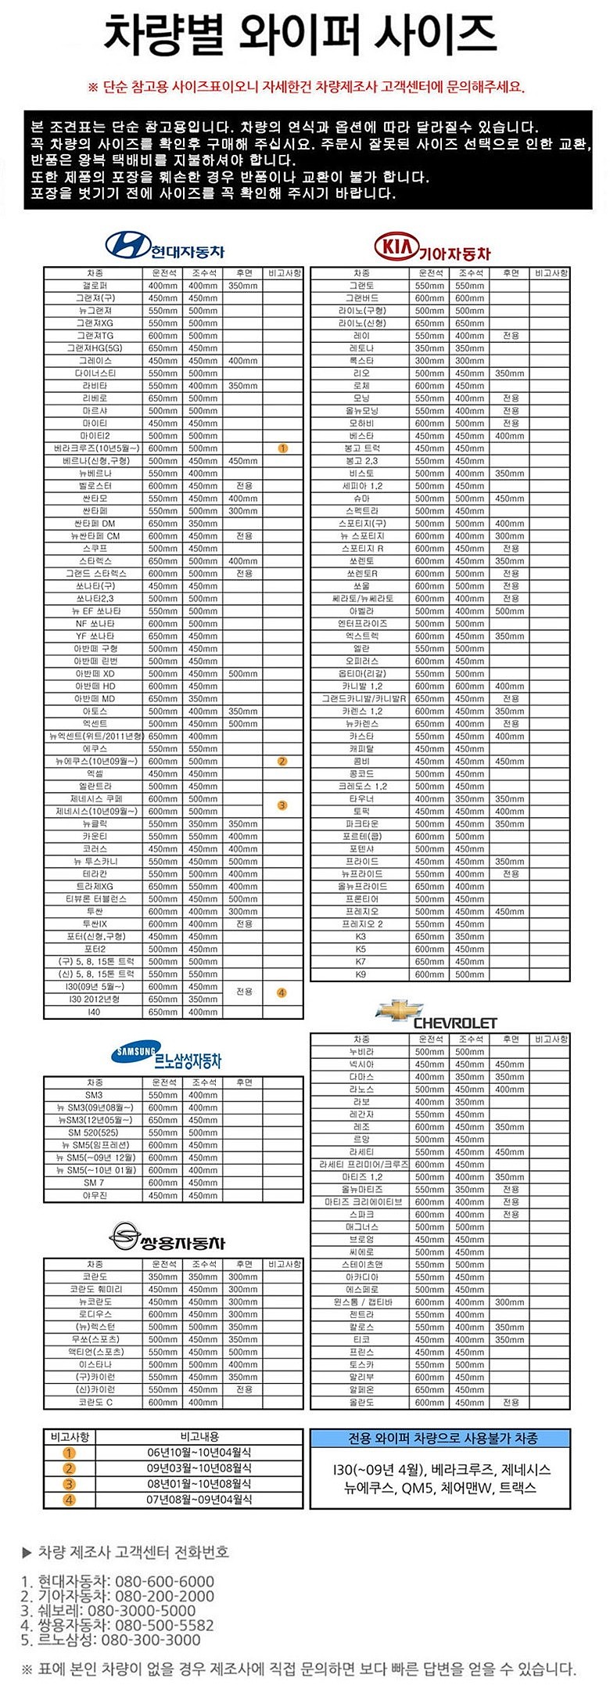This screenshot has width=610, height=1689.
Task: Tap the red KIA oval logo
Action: pyautogui.click(x=396, y=247)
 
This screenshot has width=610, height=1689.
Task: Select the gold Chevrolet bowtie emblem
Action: pyautogui.click(x=400, y=1010)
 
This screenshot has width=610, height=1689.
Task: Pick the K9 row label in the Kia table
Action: pyautogui.click(x=361, y=974)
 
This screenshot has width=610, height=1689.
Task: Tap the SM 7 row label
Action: pyautogui.click(x=94, y=1183)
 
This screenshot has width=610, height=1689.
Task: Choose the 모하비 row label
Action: pyautogui.click(x=361, y=423)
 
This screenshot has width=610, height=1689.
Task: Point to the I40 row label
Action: pyautogui.click(x=95, y=1012)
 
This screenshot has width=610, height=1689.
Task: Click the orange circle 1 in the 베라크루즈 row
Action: pyautogui.click(x=283, y=448)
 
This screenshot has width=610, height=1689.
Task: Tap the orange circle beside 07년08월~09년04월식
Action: pyautogui.click(x=70, y=1500)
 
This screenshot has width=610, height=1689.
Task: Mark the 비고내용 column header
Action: pyautogui.click(x=199, y=1437)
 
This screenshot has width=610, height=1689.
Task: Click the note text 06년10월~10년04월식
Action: pyautogui.click(x=199, y=1453)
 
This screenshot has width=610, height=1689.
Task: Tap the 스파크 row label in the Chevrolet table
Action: pyautogui.click(x=361, y=1214)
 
